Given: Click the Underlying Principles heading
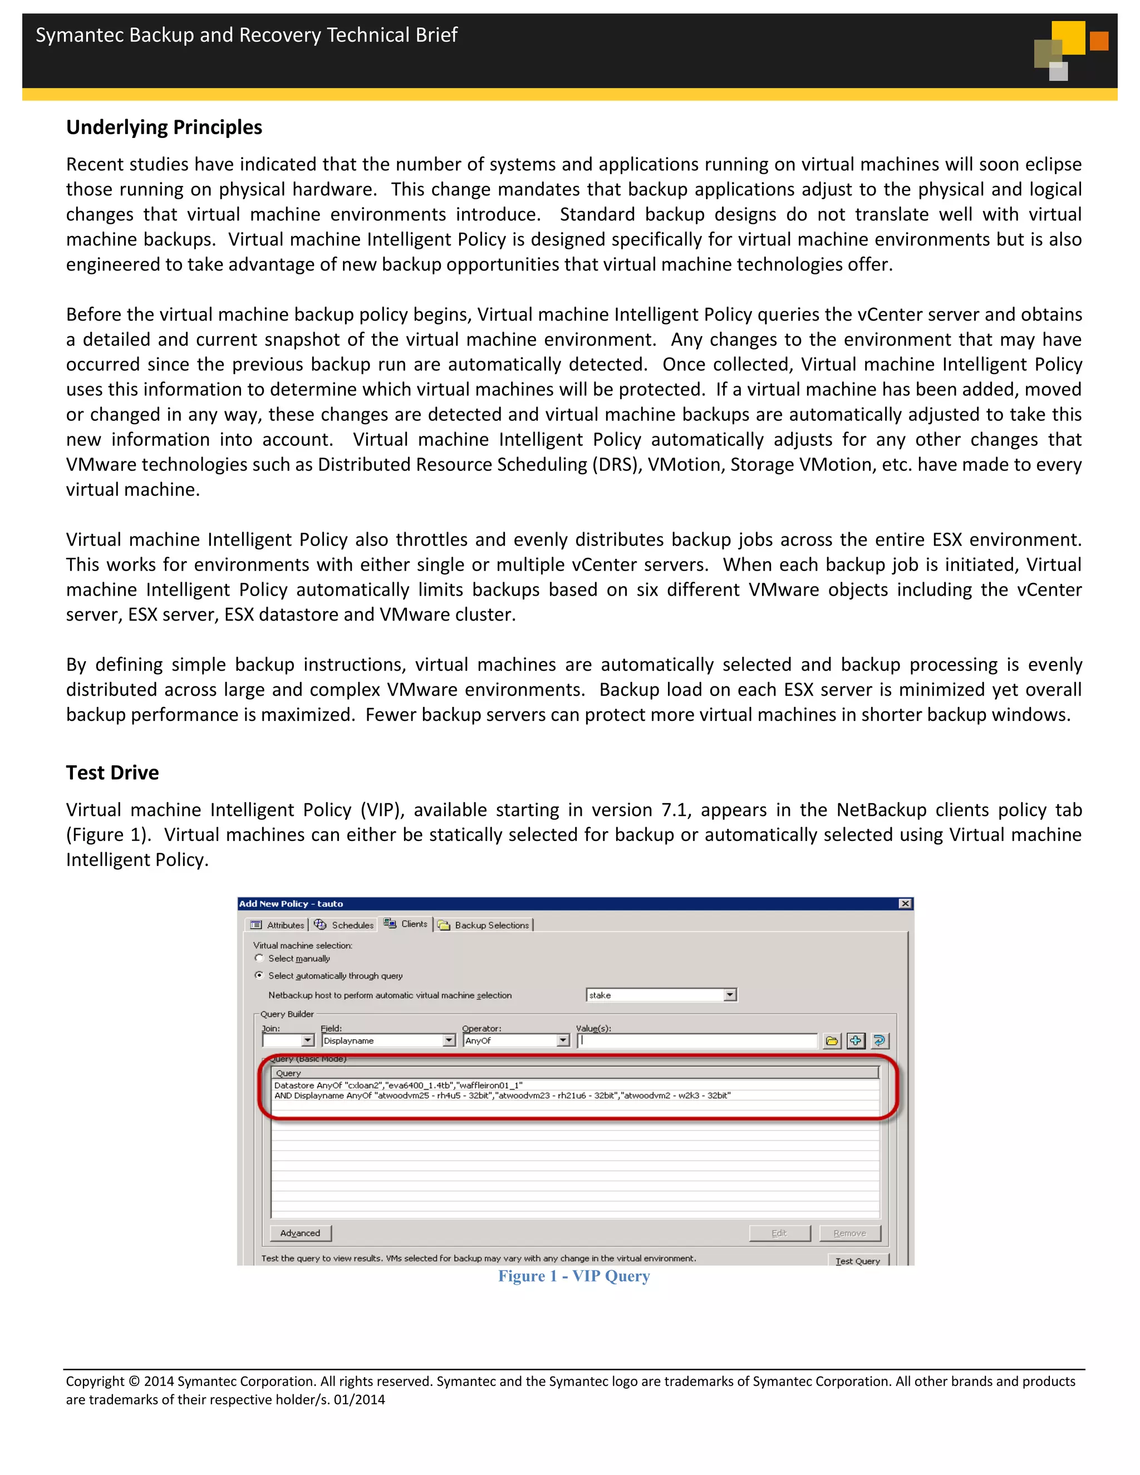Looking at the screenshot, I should pos(164,127).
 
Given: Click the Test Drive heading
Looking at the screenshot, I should pos(112,773).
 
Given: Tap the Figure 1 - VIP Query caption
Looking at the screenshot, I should pos(573,1276).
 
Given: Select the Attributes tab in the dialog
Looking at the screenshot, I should pos(278,925).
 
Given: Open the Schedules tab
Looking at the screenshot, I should pos(344,925).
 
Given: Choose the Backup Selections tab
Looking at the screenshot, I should pos(484,925).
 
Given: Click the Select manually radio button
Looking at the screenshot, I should pos(259,958).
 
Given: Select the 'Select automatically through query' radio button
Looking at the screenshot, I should pos(259,975).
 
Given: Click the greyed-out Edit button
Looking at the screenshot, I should pos(779,1233).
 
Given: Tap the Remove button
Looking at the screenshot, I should pos(849,1233).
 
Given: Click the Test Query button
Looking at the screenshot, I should pos(858,1260).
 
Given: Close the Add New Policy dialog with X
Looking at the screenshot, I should pos(905,903).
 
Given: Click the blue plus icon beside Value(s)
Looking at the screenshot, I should pos(856,1041).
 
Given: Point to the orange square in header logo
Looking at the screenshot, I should pos(1099,41).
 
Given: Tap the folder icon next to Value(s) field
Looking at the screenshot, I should pos(832,1041).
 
